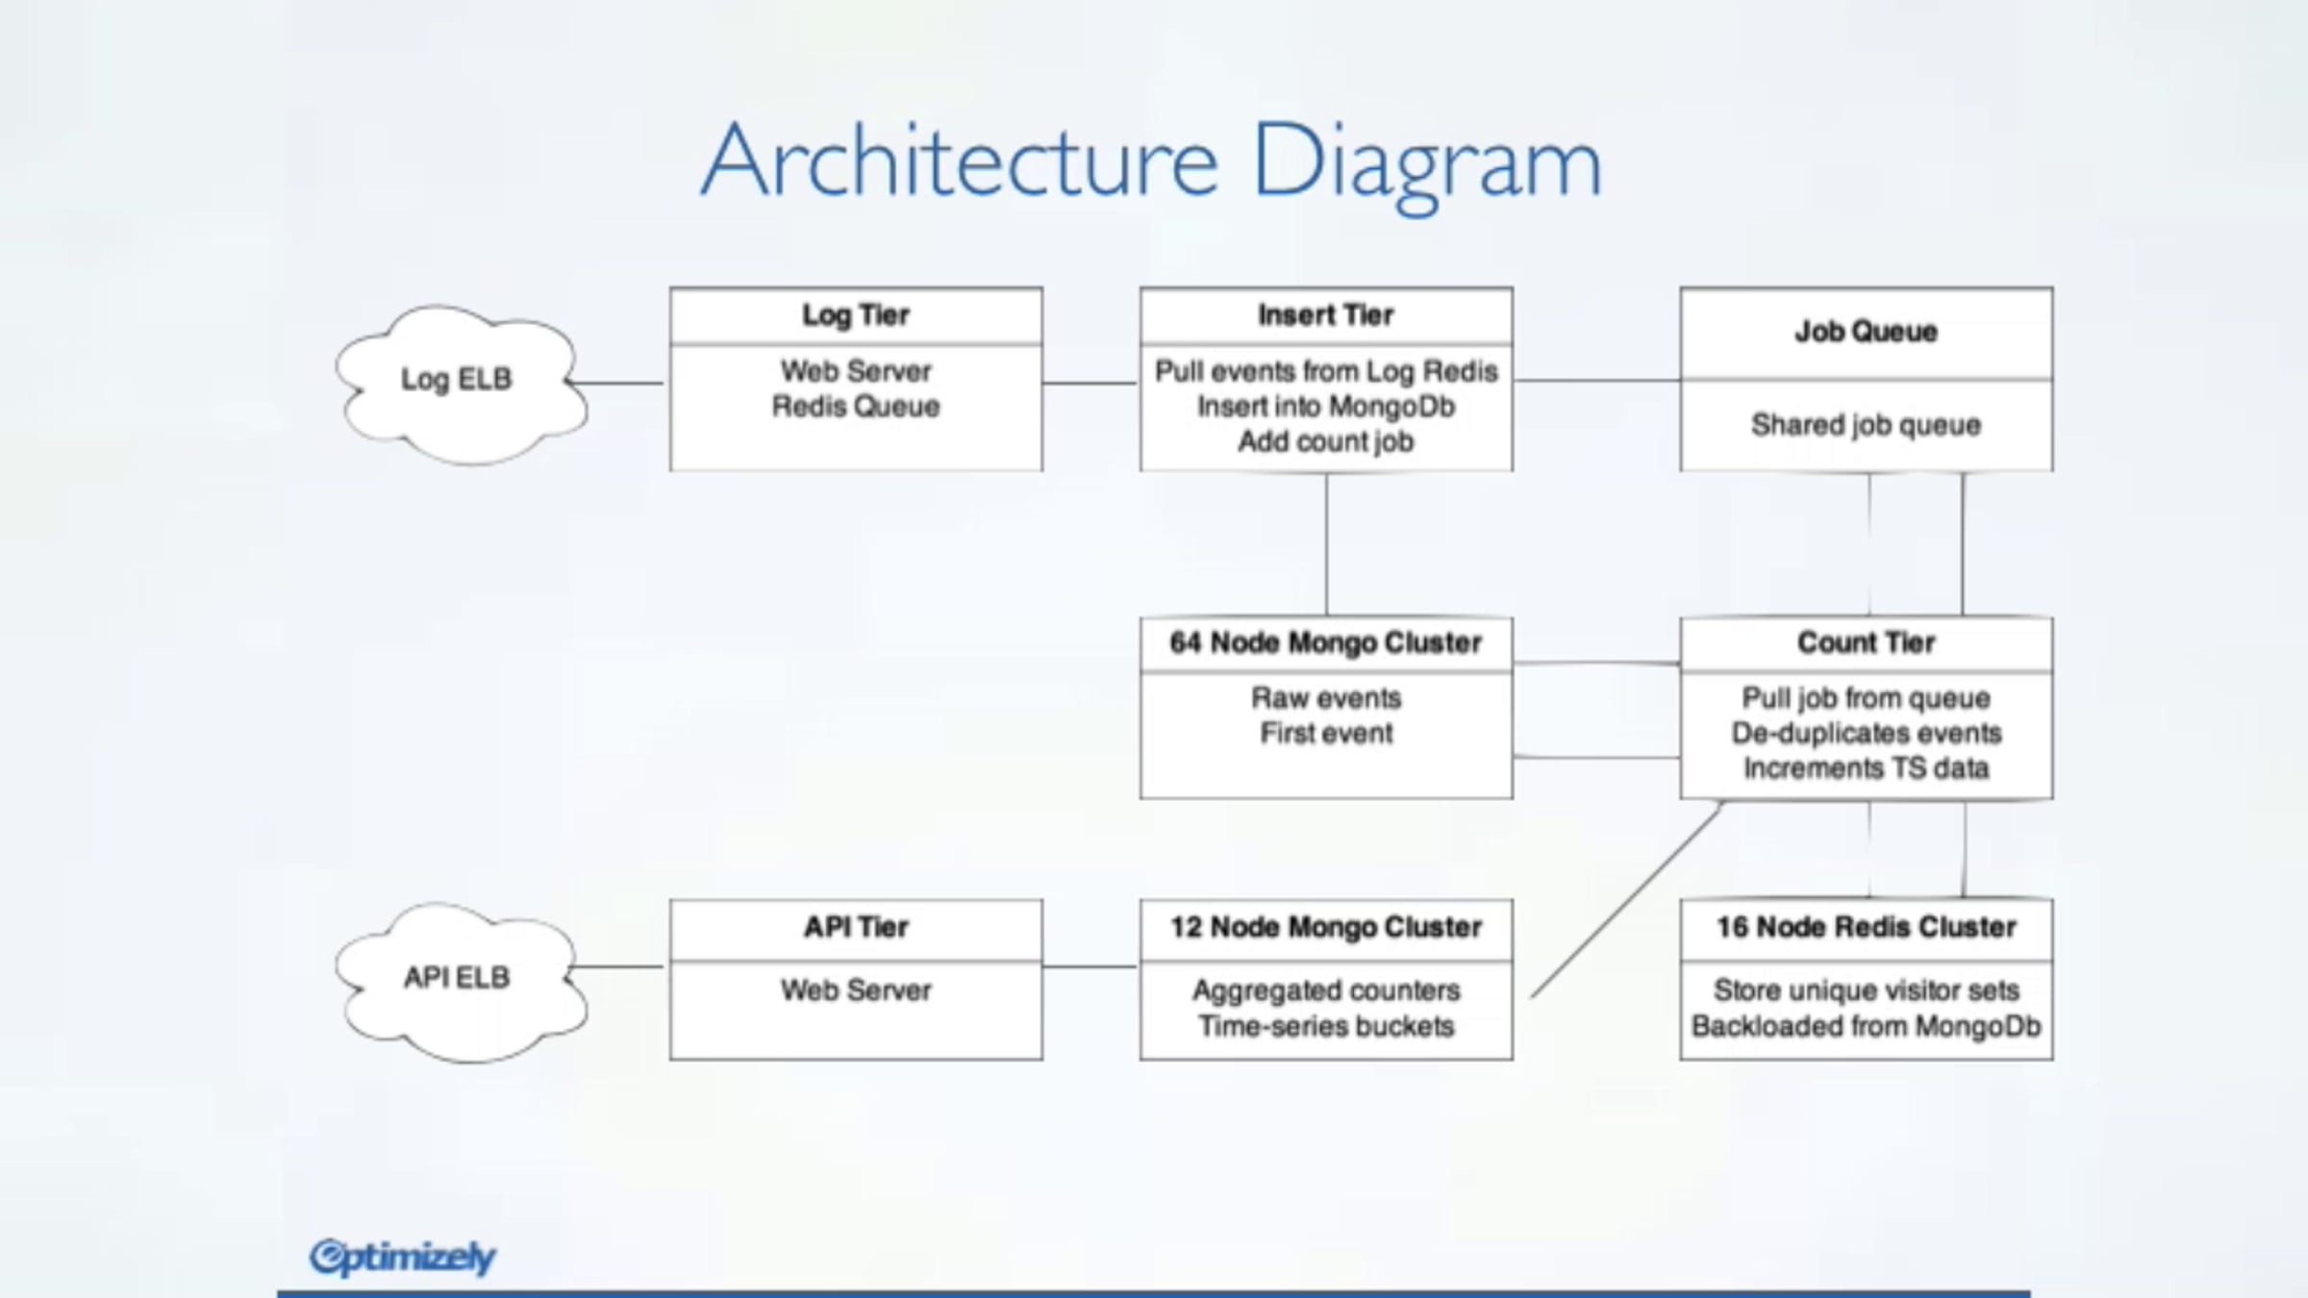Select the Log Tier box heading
(x=855, y=315)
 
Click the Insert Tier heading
(x=1325, y=315)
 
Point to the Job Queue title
(x=1866, y=332)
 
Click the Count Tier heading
(x=1866, y=642)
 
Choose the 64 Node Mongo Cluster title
(x=1325, y=642)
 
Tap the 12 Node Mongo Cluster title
(x=1325, y=927)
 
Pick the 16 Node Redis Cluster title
(x=1866, y=927)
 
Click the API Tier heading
(x=855, y=927)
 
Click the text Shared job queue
(x=1866, y=425)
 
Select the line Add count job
(x=1325, y=441)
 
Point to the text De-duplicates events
(x=1866, y=734)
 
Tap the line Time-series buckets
(x=1325, y=1026)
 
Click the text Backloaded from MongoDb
(x=1866, y=1026)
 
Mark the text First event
(x=1325, y=734)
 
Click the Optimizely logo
(x=402, y=1257)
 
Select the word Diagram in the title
(x=1426, y=163)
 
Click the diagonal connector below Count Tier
(x=1625, y=902)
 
